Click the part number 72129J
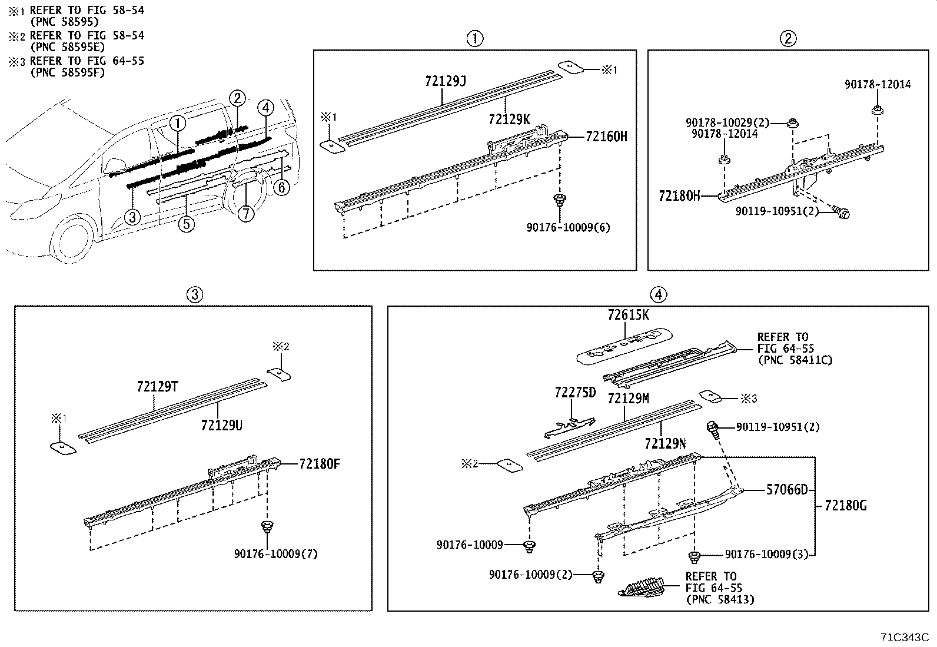pos(445,81)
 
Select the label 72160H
pos(606,137)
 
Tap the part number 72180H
pos(679,196)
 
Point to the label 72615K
pos(628,315)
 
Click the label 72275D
pos(575,392)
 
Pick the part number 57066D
pos(787,490)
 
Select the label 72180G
pos(845,505)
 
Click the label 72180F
pos(320,464)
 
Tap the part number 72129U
pos(221,424)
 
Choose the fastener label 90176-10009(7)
pos(275,554)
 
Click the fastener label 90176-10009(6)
pos(568,227)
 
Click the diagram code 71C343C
pos(904,638)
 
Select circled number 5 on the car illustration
pos(187,224)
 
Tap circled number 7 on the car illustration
pos(246,214)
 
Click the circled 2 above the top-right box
pos(788,39)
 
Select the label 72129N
pos(665,444)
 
